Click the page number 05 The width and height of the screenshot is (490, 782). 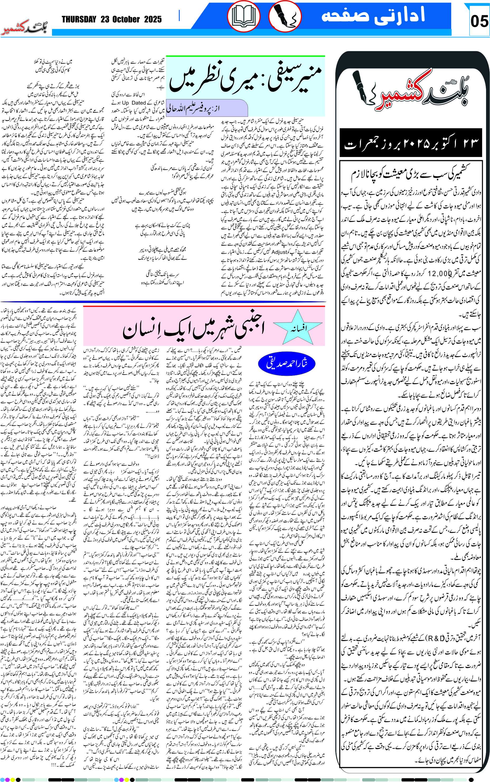coord(479,21)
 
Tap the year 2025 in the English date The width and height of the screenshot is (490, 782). coord(153,20)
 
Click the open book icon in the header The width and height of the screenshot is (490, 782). coord(243,16)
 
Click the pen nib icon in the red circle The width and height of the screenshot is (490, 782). coord(285,16)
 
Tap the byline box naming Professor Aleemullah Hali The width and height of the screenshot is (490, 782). coord(207,108)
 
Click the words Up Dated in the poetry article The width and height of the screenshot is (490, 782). coord(134,103)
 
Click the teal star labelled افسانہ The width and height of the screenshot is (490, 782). coord(298,327)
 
